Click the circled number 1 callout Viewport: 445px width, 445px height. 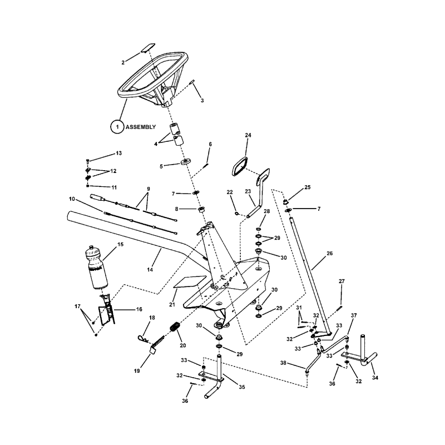click(117, 127)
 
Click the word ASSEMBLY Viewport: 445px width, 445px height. click(141, 127)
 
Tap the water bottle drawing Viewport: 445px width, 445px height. click(96, 267)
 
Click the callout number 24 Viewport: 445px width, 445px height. click(248, 135)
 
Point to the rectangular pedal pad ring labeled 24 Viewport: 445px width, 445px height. click(240, 166)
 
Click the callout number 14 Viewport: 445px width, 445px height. click(150, 270)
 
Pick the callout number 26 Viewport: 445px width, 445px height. click(329, 253)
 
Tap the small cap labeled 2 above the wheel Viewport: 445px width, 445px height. click(148, 48)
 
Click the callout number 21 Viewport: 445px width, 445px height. click(172, 304)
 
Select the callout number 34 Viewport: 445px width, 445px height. click(375, 378)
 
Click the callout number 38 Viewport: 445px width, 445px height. click(283, 363)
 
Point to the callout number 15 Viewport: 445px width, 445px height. click(120, 244)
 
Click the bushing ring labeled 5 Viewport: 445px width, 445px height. click(185, 163)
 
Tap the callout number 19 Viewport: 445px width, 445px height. click(137, 371)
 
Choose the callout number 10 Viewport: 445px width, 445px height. click(72, 199)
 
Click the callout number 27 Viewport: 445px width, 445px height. click(342, 281)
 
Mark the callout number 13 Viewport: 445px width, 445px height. click(118, 153)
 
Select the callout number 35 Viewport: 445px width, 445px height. click(241, 387)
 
